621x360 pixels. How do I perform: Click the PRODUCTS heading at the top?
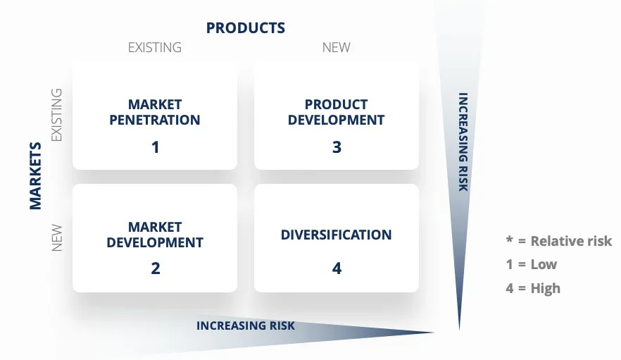(x=245, y=28)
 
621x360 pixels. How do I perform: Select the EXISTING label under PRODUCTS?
(x=154, y=48)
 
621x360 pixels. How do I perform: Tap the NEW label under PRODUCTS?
(x=336, y=48)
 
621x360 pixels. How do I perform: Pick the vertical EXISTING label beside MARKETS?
(x=58, y=115)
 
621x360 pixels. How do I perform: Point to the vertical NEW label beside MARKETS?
(x=58, y=237)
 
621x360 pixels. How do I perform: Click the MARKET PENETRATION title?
(x=155, y=112)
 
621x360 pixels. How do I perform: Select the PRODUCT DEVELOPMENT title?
(x=336, y=112)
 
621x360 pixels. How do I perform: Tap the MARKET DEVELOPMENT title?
(x=155, y=235)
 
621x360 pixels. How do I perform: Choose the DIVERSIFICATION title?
(x=336, y=235)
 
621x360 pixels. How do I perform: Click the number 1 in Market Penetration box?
(x=156, y=147)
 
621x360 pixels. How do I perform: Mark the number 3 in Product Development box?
(x=337, y=147)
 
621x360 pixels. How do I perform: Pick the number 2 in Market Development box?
(x=156, y=268)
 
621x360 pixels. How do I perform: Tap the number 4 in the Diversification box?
(x=337, y=268)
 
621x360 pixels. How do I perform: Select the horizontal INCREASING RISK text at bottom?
(x=245, y=325)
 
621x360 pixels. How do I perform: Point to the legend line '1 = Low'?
(x=531, y=264)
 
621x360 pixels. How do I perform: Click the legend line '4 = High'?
(x=533, y=287)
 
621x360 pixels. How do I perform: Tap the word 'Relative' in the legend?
(x=556, y=241)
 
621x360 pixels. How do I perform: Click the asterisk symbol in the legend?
(x=510, y=240)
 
